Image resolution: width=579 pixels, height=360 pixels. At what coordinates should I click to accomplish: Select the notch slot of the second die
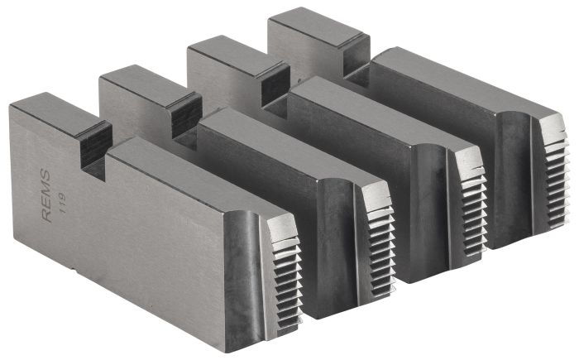click(x=187, y=116)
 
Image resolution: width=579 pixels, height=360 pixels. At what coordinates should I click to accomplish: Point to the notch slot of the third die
click(x=272, y=83)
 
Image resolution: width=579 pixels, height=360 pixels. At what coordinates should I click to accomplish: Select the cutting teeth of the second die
click(x=381, y=237)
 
